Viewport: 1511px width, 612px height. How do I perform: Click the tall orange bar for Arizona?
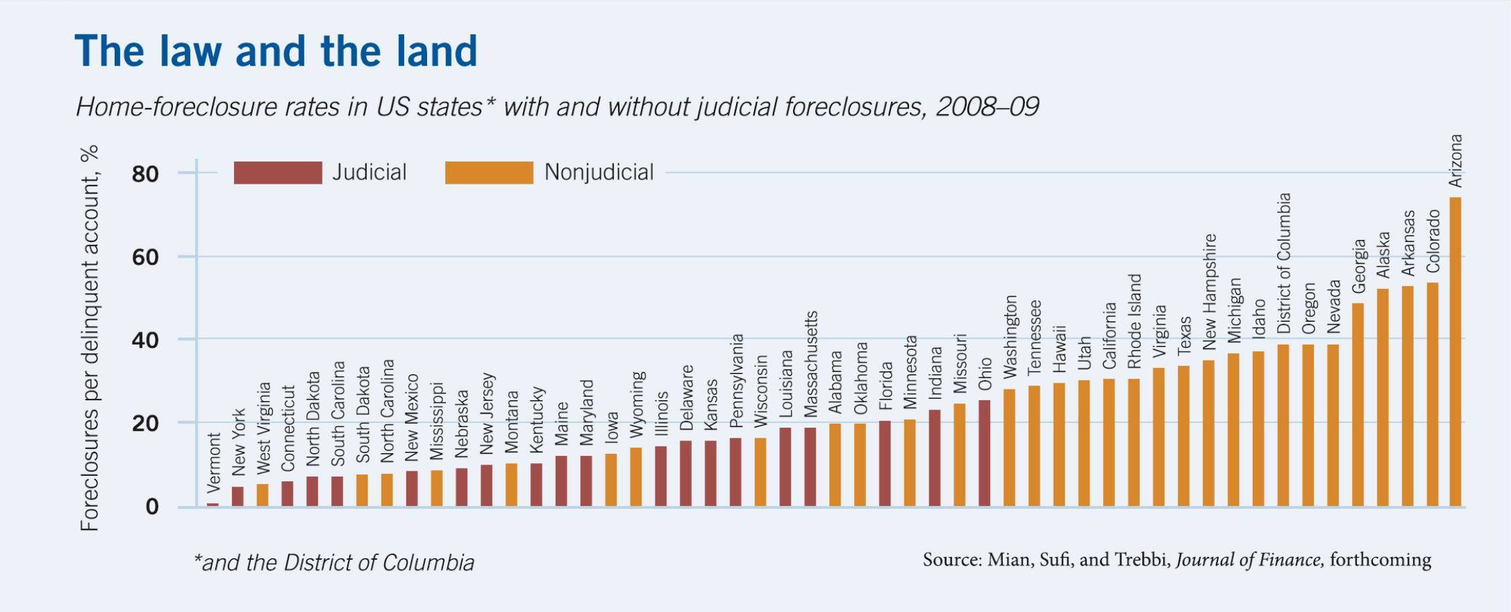point(1455,352)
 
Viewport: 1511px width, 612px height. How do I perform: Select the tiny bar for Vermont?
point(213,504)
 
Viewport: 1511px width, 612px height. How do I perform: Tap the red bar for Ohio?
point(984,453)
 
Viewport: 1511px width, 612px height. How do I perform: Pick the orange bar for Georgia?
point(1357,405)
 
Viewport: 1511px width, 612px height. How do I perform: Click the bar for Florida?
point(885,463)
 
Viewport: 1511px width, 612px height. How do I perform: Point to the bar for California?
point(1109,442)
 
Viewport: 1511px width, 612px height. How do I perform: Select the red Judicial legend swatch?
point(278,173)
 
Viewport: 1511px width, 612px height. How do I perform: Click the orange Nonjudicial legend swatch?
point(489,173)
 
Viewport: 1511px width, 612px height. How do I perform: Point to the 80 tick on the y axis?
point(145,174)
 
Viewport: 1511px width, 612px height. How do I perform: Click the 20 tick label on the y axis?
point(145,424)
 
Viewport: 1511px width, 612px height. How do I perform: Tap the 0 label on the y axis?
point(152,507)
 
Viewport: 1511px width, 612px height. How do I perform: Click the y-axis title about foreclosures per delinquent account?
point(89,339)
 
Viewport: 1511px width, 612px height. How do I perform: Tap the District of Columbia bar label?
point(1284,263)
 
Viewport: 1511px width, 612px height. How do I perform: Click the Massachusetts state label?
point(810,364)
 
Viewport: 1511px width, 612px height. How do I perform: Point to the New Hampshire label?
point(1209,292)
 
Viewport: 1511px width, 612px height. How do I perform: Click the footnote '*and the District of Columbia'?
point(334,562)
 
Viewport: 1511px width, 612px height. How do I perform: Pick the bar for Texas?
point(1183,436)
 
